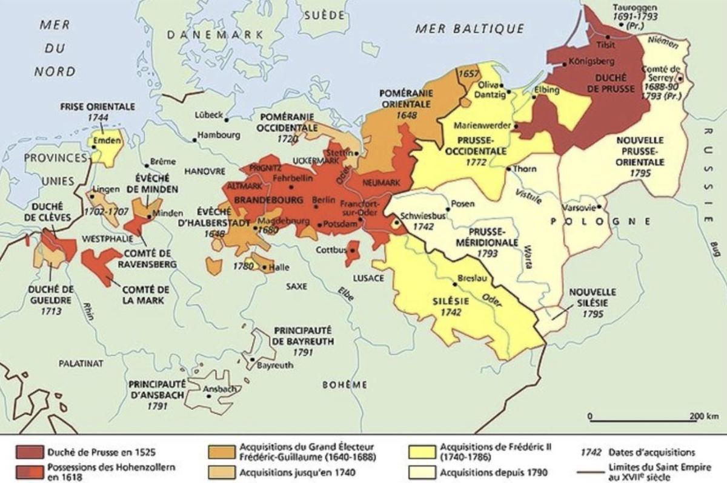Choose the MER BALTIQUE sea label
tap(470, 28)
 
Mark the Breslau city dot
tap(454, 283)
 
